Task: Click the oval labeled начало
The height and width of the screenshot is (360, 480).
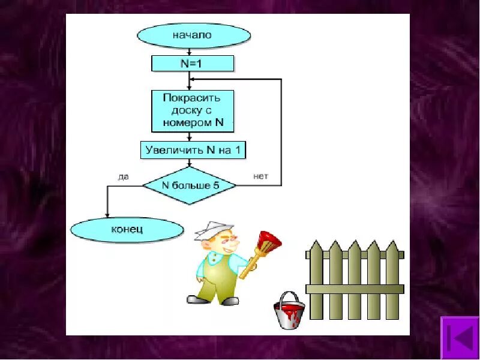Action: pyautogui.click(x=193, y=35)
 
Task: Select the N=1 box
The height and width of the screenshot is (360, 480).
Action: pyautogui.click(x=192, y=63)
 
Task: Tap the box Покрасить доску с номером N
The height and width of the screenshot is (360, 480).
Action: pyautogui.click(x=192, y=110)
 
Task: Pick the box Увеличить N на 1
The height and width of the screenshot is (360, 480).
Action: pyautogui.click(x=193, y=150)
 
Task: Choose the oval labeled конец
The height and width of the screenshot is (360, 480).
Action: pyautogui.click(x=127, y=229)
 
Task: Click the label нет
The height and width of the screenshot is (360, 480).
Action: pyautogui.click(x=260, y=176)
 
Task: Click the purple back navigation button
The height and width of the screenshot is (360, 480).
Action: pyautogui.click(x=459, y=338)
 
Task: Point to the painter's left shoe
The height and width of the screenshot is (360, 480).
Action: pyautogui.click(x=199, y=298)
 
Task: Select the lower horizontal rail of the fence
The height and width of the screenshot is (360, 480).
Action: pyautogui.click(x=354, y=289)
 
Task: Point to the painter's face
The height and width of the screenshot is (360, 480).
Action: pyautogui.click(x=226, y=243)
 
